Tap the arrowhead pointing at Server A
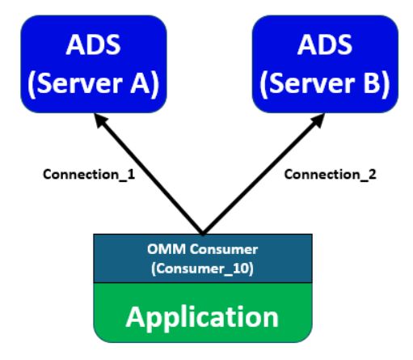point(99,121)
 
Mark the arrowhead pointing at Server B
point(313,121)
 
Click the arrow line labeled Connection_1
point(150,175)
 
